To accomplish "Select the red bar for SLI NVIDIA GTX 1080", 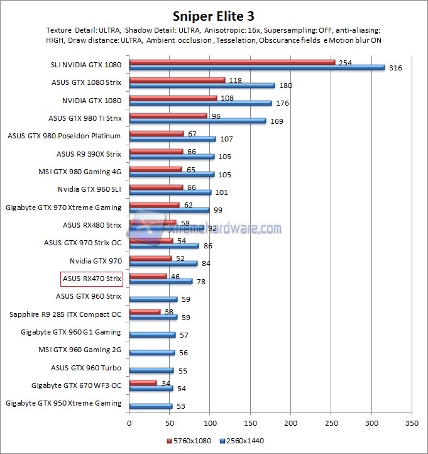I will (x=232, y=62).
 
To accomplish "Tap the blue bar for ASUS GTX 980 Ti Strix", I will (x=197, y=121).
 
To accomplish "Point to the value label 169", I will (x=276, y=121).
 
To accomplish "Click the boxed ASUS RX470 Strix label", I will (x=91, y=278).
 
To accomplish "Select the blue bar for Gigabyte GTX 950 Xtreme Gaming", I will (x=150, y=406).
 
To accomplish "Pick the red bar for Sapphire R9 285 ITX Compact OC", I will (x=145, y=311).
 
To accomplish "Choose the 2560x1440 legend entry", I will (x=240, y=440).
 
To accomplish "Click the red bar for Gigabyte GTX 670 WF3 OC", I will (x=143, y=382).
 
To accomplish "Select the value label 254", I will (x=344, y=63).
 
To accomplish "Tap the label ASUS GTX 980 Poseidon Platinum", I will (x=64, y=135).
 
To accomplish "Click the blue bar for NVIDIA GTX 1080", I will (x=200, y=103).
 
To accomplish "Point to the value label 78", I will (x=201, y=282).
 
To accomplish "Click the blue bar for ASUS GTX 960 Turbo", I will (x=151, y=370).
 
